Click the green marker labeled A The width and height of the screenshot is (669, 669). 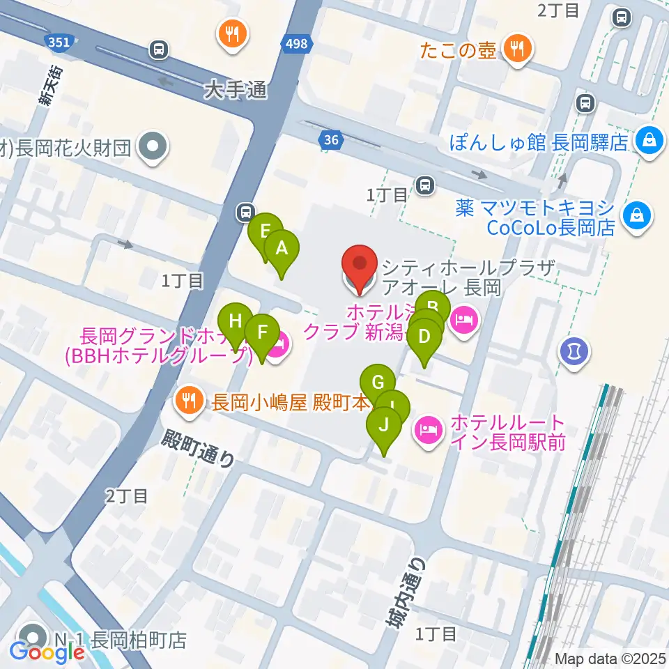click(282, 249)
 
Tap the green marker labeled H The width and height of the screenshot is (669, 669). click(236, 323)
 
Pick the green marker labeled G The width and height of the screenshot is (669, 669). click(378, 383)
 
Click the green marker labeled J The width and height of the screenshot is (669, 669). click(383, 424)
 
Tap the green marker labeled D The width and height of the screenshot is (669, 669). click(424, 337)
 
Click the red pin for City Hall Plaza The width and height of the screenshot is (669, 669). click(360, 266)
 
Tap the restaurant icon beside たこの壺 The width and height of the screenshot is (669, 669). click(516, 48)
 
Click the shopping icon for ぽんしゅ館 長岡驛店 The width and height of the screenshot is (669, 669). click(649, 142)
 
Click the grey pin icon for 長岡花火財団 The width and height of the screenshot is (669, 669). click(151, 147)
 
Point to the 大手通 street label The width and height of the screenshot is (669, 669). click(236, 90)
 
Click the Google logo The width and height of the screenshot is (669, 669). click(47, 652)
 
